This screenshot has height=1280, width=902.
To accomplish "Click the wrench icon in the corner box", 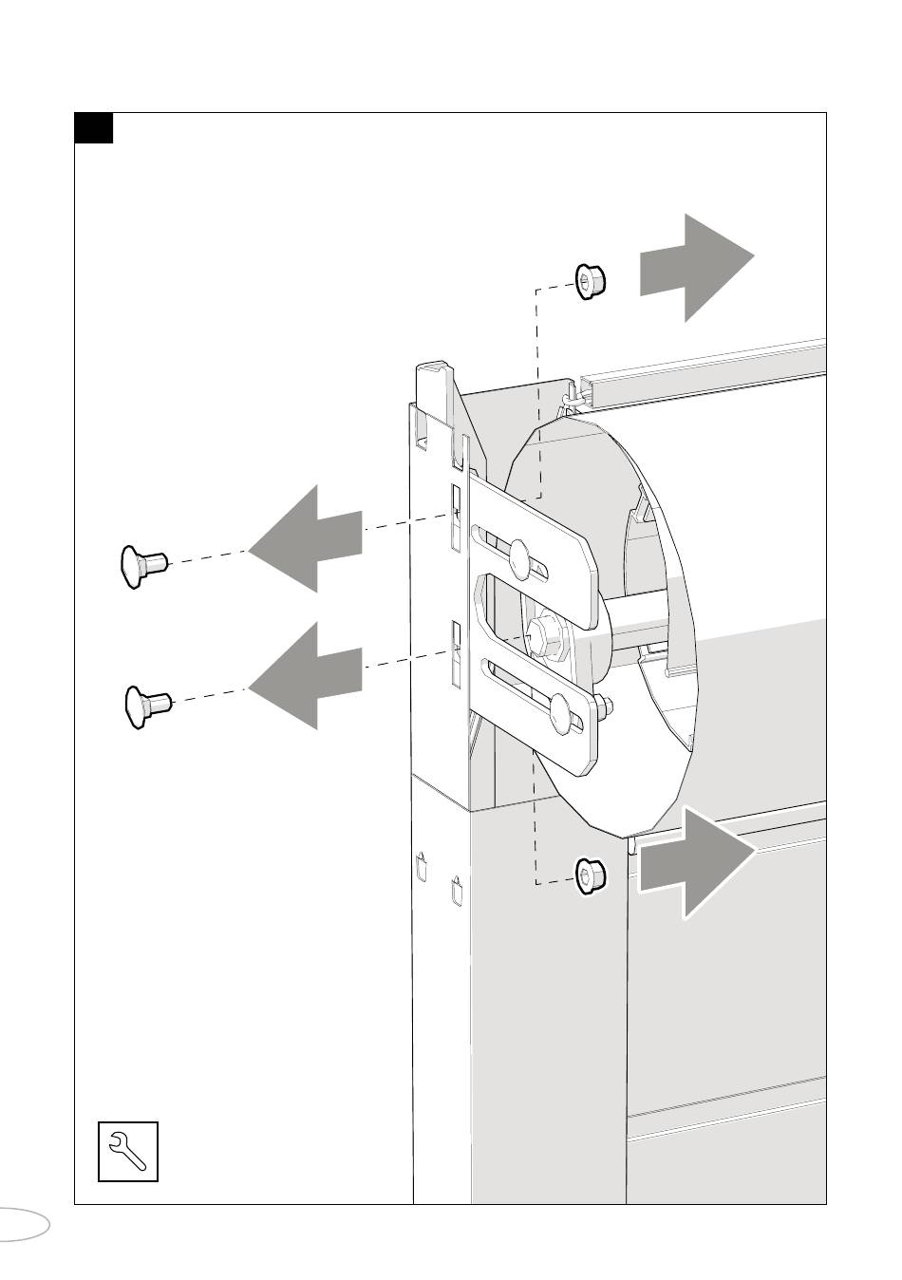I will [x=127, y=1151].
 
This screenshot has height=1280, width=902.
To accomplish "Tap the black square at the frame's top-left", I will [x=94, y=128].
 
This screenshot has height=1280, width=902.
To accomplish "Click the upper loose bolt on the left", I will [x=142, y=566].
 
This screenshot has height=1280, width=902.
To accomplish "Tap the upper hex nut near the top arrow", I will [x=590, y=280].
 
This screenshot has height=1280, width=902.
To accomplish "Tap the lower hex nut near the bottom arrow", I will [x=591, y=875].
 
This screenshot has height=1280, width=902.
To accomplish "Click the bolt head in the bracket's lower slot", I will [x=563, y=710].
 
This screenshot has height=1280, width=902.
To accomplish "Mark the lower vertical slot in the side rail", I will [x=456, y=653].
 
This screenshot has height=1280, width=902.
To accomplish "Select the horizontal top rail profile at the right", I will [x=703, y=375].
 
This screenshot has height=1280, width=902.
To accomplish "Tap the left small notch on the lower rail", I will [x=422, y=867].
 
